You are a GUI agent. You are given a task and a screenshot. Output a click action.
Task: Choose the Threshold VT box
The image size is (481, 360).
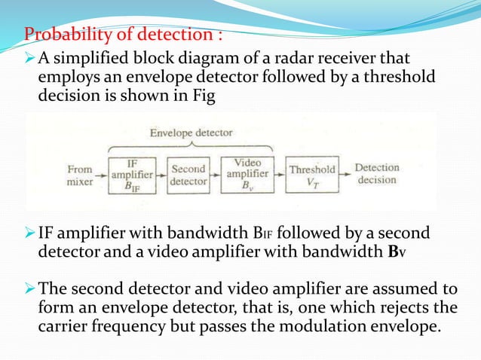pyautogui.click(x=312, y=175)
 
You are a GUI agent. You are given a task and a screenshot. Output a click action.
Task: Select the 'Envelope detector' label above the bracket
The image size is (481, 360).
pyautogui.click(x=190, y=133)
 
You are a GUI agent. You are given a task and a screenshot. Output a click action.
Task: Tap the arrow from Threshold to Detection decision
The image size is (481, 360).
pyautogui.click(x=345, y=175)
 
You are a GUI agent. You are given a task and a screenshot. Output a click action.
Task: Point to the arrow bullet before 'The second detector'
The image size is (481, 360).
pyautogui.click(x=30, y=287)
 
